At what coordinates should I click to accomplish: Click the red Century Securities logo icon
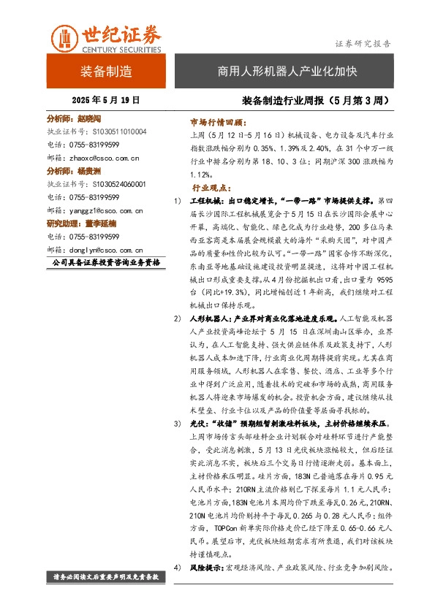click(x=63, y=38)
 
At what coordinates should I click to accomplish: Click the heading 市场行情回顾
click(x=218, y=122)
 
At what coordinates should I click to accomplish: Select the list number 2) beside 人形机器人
click(x=178, y=318)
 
